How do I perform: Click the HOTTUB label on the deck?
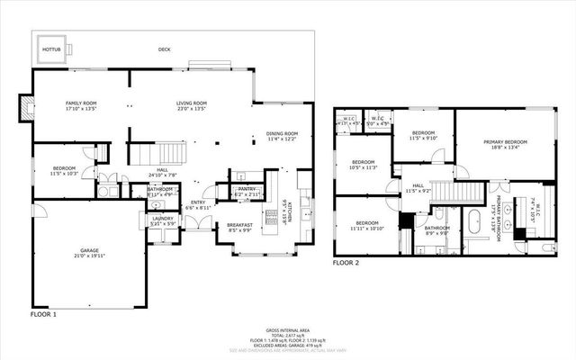50,49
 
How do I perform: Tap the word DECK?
164,49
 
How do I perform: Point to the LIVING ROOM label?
192,103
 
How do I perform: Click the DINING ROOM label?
282,133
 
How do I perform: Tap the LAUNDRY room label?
163,218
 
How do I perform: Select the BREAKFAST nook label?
239,225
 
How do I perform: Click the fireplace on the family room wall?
25,107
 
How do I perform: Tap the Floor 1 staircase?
160,152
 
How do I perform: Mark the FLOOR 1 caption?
42,314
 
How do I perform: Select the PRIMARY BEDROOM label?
504,142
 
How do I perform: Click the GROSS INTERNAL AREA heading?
287,331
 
